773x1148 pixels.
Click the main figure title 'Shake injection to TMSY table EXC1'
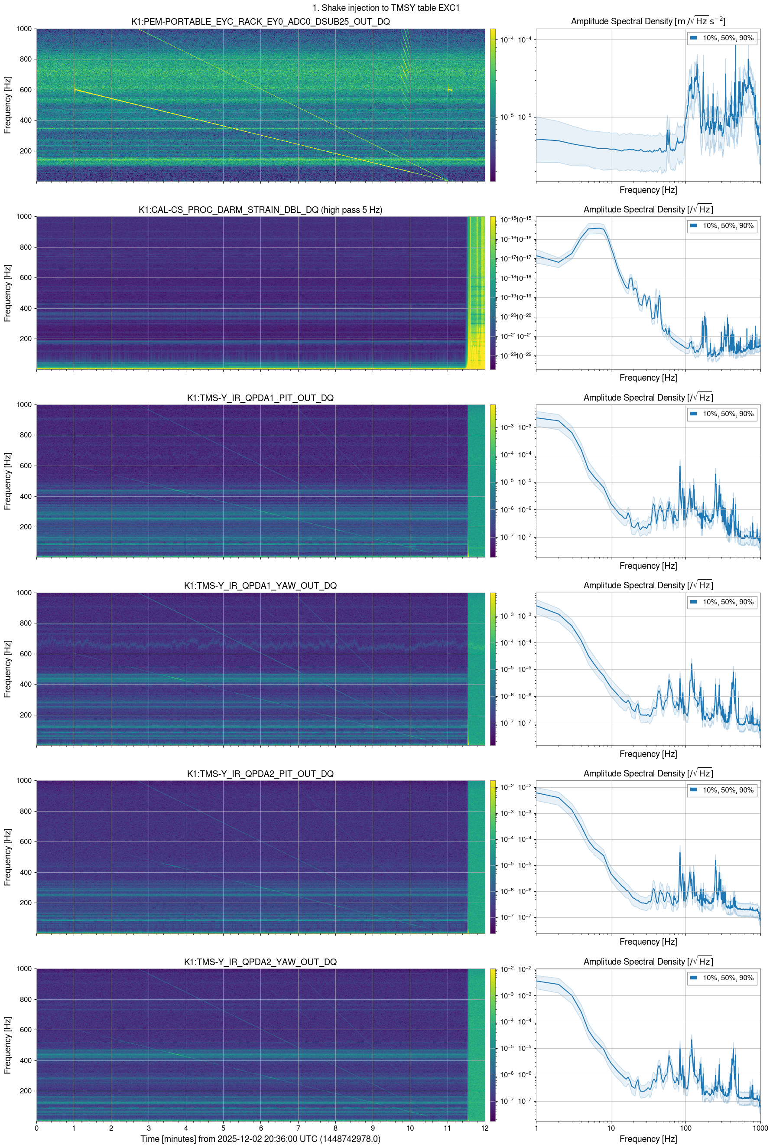(x=386, y=8)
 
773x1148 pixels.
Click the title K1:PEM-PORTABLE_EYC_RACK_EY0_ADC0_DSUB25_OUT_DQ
(x=260, y=22)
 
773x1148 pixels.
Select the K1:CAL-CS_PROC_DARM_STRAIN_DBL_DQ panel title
(x=260, y=209)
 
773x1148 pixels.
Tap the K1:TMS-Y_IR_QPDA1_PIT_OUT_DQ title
(x=260, y=398)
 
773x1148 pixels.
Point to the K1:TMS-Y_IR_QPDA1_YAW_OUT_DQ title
(x=260, y=586)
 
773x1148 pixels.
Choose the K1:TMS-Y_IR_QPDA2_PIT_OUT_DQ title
(x=260, y=774)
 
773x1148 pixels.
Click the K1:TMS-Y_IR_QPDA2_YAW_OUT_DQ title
(x=260, y=962)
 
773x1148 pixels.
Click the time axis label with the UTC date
(x=260, y=1138)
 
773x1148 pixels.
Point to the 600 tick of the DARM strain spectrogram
(x=26, y=277)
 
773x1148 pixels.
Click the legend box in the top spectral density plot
(x=722, y=38)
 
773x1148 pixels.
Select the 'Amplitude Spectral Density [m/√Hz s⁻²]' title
(x=648, y=21)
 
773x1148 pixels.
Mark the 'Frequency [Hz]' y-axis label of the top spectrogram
(x=7, y=104)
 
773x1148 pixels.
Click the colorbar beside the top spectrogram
(x=493, y=104)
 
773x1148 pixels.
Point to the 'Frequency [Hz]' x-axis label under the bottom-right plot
(x=648, y=1138)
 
